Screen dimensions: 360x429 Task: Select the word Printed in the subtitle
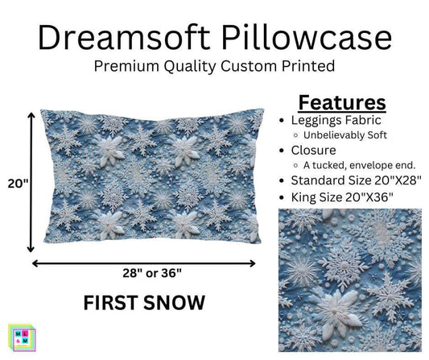pyautogui.click(x=312, y=67)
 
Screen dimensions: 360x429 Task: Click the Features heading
pyautogui.click(x=342, y=103)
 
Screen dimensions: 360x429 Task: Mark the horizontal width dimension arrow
pyautogui.click(x=144, y=262)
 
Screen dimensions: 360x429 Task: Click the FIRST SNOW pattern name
pyautogui.click(x=143, y=304)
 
